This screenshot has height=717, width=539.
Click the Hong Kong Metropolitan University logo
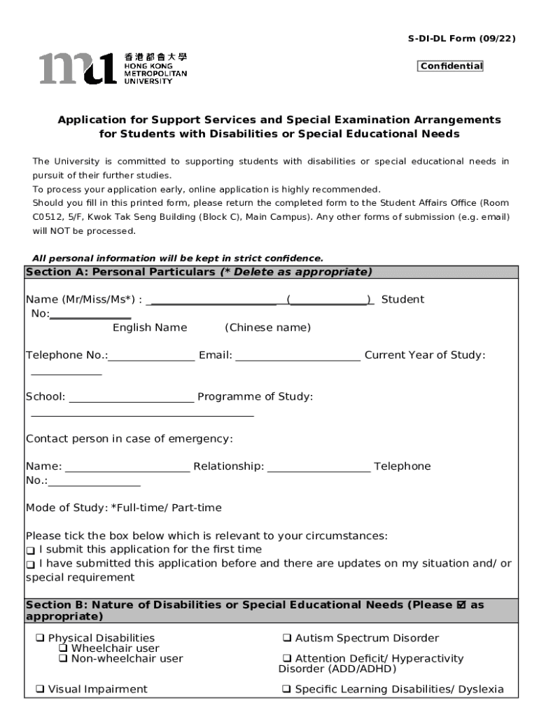point(113,69)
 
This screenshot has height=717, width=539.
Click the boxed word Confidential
point(451,67)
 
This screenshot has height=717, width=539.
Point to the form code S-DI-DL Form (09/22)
point(451,39)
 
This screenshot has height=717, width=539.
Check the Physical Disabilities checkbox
point(40,639)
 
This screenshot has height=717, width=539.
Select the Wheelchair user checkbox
point(63,648)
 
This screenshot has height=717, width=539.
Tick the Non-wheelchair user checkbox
point(63,659)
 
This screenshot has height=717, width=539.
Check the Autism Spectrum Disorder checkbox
point(287,639)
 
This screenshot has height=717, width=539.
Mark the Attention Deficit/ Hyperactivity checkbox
point(287,659)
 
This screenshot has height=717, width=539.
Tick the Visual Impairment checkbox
point(40,690)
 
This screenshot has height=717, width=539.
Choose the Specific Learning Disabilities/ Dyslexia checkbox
point(287,690)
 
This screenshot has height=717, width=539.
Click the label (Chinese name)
point(267,328)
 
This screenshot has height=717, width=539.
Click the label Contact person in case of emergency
point(129,439)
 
